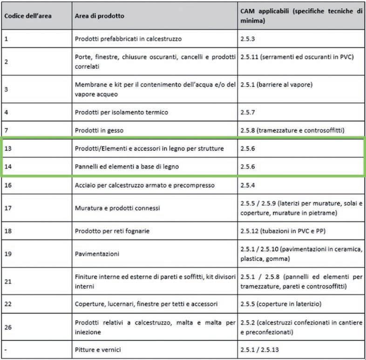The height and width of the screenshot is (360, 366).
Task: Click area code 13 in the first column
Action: coord(8,148)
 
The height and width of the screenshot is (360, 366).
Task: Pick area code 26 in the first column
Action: coord(8,327)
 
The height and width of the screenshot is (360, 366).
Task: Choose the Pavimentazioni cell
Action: coord(97,254)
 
